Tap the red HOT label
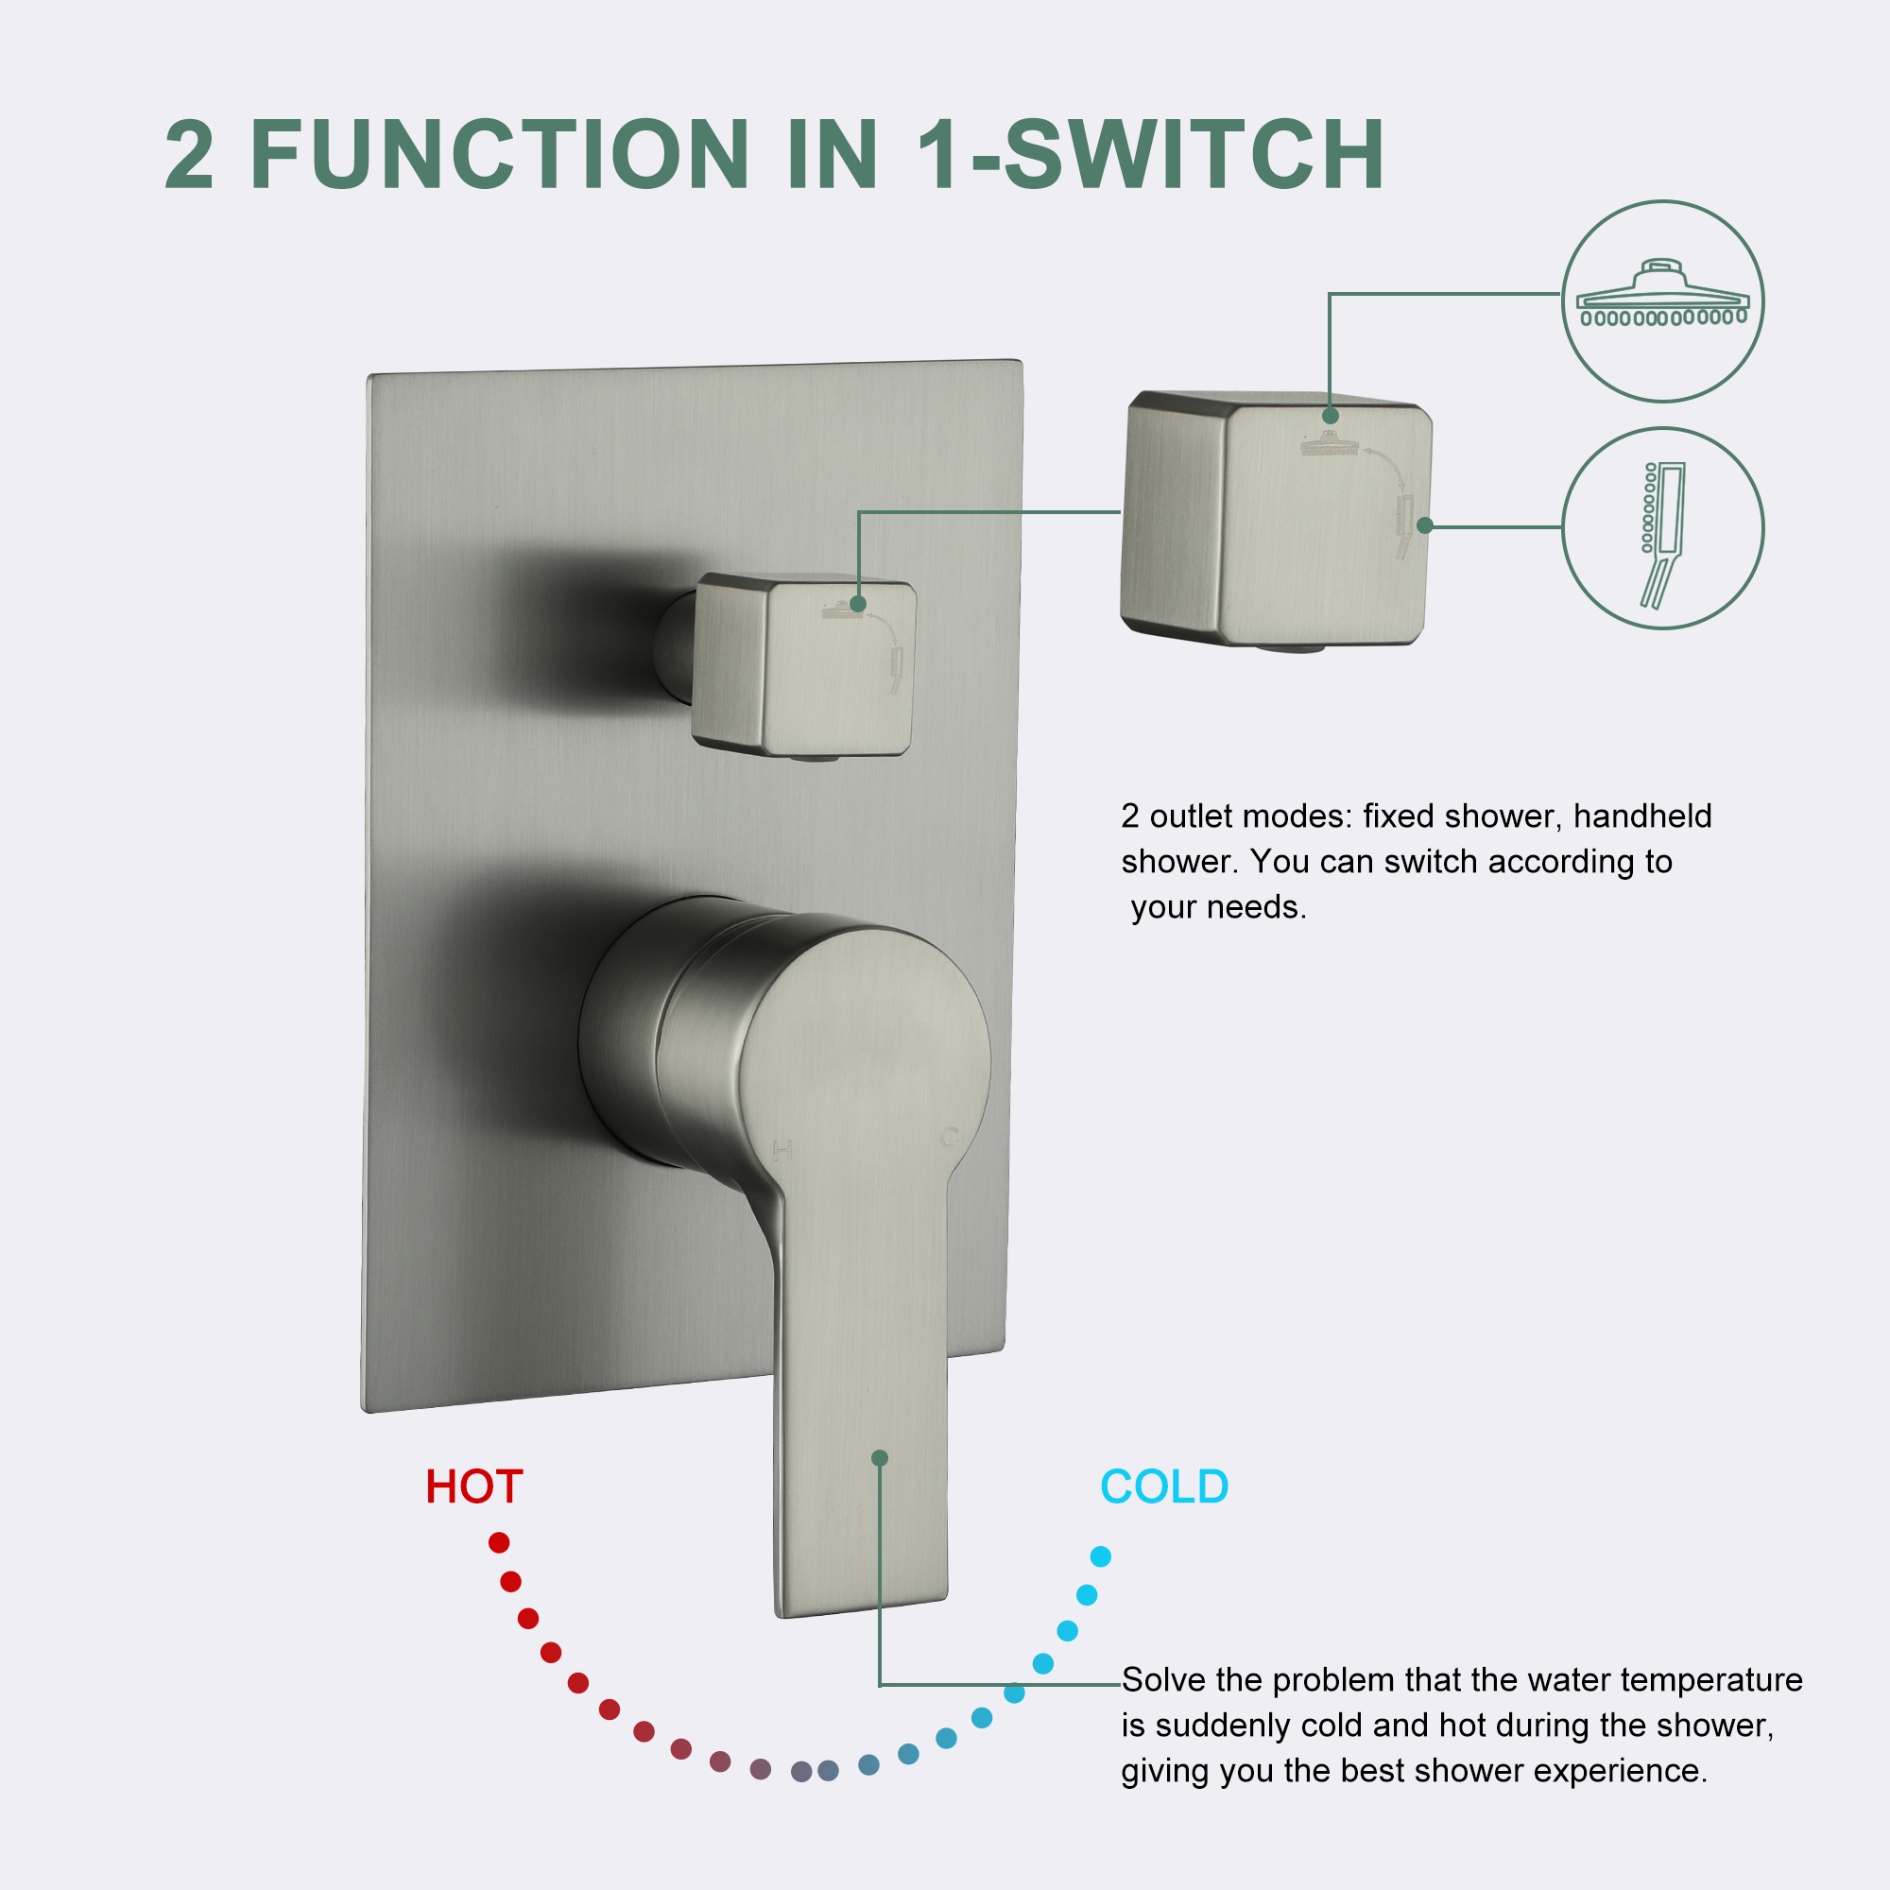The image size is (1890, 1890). tap(473, 1486)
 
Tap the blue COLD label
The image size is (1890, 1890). tap(1163, 1486)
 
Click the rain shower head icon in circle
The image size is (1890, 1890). tap(1662, 295)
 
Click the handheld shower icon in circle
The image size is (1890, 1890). tap(1662, 533)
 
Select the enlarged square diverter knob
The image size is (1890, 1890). tap(1276, 519)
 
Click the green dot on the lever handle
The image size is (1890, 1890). tap(880, 1457)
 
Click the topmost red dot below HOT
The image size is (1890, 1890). tap(499, 1543)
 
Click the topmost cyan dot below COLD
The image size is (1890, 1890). tap(1101, 1556)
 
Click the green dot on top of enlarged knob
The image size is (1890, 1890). tap(1331, 416)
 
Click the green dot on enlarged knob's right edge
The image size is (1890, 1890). tap(1425, 525)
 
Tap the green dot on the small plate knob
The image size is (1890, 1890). tap(858, 604)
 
